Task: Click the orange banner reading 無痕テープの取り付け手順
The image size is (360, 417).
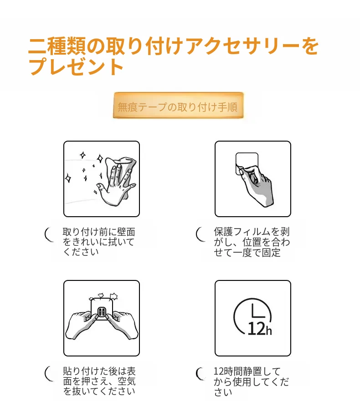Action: click(x=178, y=105)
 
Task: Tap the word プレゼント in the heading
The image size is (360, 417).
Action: click(x=76, y=66)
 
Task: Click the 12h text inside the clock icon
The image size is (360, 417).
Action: click(x=260, y=329)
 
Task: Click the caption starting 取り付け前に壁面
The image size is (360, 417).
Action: click(x=99, y=242)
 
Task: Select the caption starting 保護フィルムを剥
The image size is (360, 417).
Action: click(x=252, y=242)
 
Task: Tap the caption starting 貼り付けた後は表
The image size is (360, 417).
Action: click(x=99, y=381)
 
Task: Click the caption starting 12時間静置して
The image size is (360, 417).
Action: click(x=251, y=381)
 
